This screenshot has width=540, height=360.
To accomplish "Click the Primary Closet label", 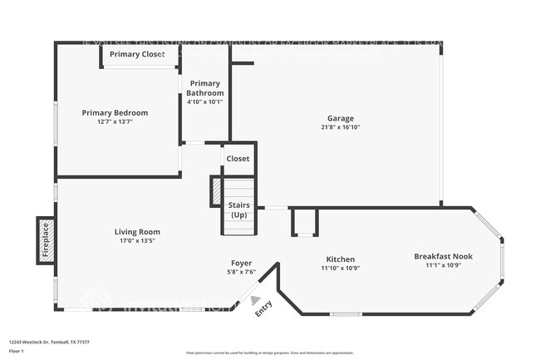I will pos(137,55).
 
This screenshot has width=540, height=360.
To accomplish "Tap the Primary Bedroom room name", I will pos(115,112).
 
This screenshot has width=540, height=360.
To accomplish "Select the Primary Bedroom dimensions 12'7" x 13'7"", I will pos(115,121).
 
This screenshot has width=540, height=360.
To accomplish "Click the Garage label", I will pos(340,118).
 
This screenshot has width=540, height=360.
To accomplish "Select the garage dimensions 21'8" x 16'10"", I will pos(340,127).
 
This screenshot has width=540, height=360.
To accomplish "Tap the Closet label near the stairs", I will pos(238,158).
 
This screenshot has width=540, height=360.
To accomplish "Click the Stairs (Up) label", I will pos(238,209).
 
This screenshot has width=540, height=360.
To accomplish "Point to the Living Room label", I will pos(137,232).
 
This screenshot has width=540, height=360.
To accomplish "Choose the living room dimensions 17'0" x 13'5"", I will pos(137,241).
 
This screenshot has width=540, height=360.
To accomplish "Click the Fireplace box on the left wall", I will pos(46,239).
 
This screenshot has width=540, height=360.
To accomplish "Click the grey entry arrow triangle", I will pos(255,301).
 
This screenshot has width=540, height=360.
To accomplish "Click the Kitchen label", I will pos(340,259).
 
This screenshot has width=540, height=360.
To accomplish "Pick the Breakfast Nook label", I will pos(443,256).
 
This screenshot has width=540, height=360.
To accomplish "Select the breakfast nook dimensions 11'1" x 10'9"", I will pos(443,266).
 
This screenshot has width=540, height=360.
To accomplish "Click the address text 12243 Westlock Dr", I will pos(30,341).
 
